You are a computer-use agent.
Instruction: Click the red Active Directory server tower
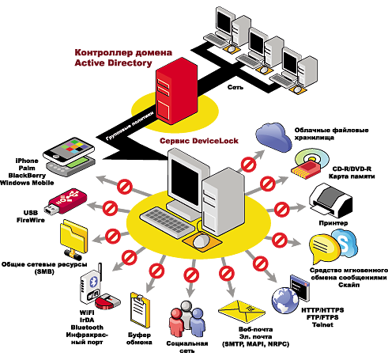point(176,91)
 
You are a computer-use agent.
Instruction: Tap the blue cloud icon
point(274,137)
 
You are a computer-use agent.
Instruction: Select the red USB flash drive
point(65,201)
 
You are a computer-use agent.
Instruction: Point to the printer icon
point(330,200)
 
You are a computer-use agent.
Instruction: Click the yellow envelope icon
point(242,311)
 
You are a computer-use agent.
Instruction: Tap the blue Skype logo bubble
point(344,244)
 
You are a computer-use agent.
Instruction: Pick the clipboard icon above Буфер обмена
point(140,310)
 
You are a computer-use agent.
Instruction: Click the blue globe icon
point(284,300)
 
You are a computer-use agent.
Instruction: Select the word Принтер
point(333,223)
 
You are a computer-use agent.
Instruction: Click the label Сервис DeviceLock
point(199,141)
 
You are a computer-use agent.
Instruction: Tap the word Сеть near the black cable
point(235,87)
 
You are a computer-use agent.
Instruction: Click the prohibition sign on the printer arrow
point(281,210)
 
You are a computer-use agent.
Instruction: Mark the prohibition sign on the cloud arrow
point(248,165)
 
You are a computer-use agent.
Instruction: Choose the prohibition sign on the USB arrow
point(110,208)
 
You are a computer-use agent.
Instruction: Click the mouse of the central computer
point(202,241)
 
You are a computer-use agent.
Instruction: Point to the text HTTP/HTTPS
point(322,310)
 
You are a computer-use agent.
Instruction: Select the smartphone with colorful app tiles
point(69,151)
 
